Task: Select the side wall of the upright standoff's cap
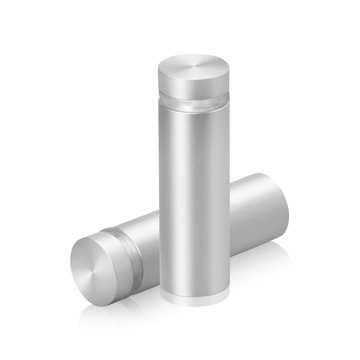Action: point(193,88)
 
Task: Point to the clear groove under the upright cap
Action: point(193,102)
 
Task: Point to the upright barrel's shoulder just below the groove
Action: point(193,112)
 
